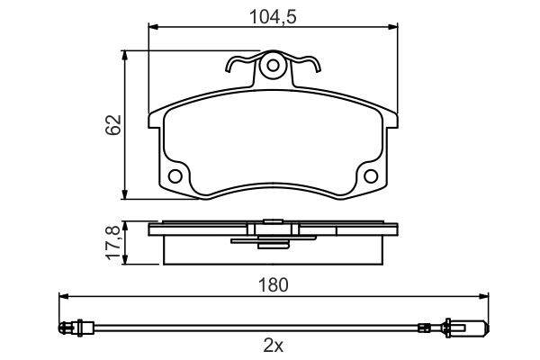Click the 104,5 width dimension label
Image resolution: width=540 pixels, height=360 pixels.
click(273, 17)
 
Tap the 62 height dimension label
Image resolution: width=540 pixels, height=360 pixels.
click(113, 125)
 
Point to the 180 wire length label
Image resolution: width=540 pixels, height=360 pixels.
click(273, 285)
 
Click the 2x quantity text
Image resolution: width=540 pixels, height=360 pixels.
click(274, 346)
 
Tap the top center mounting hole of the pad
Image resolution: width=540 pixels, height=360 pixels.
click(273, 65)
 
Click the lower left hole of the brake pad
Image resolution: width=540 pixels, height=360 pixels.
click(175, 176)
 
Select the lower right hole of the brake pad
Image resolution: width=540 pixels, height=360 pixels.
click(371, 176)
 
